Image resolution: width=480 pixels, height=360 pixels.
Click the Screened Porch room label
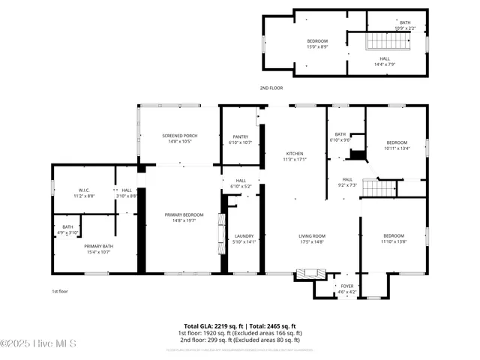click(x=179, y=138)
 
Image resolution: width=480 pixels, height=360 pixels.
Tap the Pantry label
click(x=240, y=139)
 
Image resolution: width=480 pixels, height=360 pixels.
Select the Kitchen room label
click(x=294, y=156)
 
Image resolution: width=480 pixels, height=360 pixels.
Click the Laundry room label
click(x=244, y=238)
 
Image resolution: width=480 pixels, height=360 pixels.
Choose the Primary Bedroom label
click(x=184, y=217)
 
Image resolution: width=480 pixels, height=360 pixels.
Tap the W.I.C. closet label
click(x=84, y=193)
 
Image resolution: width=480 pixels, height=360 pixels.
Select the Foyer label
click(x=346, y=288)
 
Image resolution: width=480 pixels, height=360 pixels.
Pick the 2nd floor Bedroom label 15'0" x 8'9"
click(x=317, y=43)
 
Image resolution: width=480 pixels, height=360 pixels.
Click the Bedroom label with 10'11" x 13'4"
click(x=397, y=145)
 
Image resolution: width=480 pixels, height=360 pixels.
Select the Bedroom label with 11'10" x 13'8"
click(x=393, y=238)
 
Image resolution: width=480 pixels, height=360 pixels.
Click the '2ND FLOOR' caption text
click(x=271, y=88)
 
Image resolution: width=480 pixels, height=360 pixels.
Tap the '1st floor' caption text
click(x=60, y=291)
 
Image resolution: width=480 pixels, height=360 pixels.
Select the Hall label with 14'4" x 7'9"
click(x=384, y=61)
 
